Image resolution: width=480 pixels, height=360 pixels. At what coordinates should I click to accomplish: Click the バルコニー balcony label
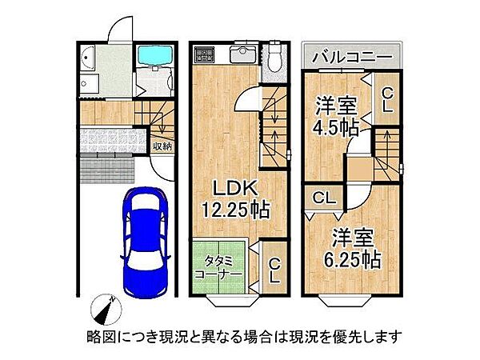pos(352,58)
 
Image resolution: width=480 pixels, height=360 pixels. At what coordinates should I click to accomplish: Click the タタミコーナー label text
pos(218,266)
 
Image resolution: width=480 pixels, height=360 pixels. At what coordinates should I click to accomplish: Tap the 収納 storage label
pos(162,145)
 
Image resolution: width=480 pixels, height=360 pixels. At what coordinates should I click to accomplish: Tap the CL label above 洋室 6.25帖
pos(323,197)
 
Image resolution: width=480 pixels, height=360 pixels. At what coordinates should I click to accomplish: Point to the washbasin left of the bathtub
pos(87,58)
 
